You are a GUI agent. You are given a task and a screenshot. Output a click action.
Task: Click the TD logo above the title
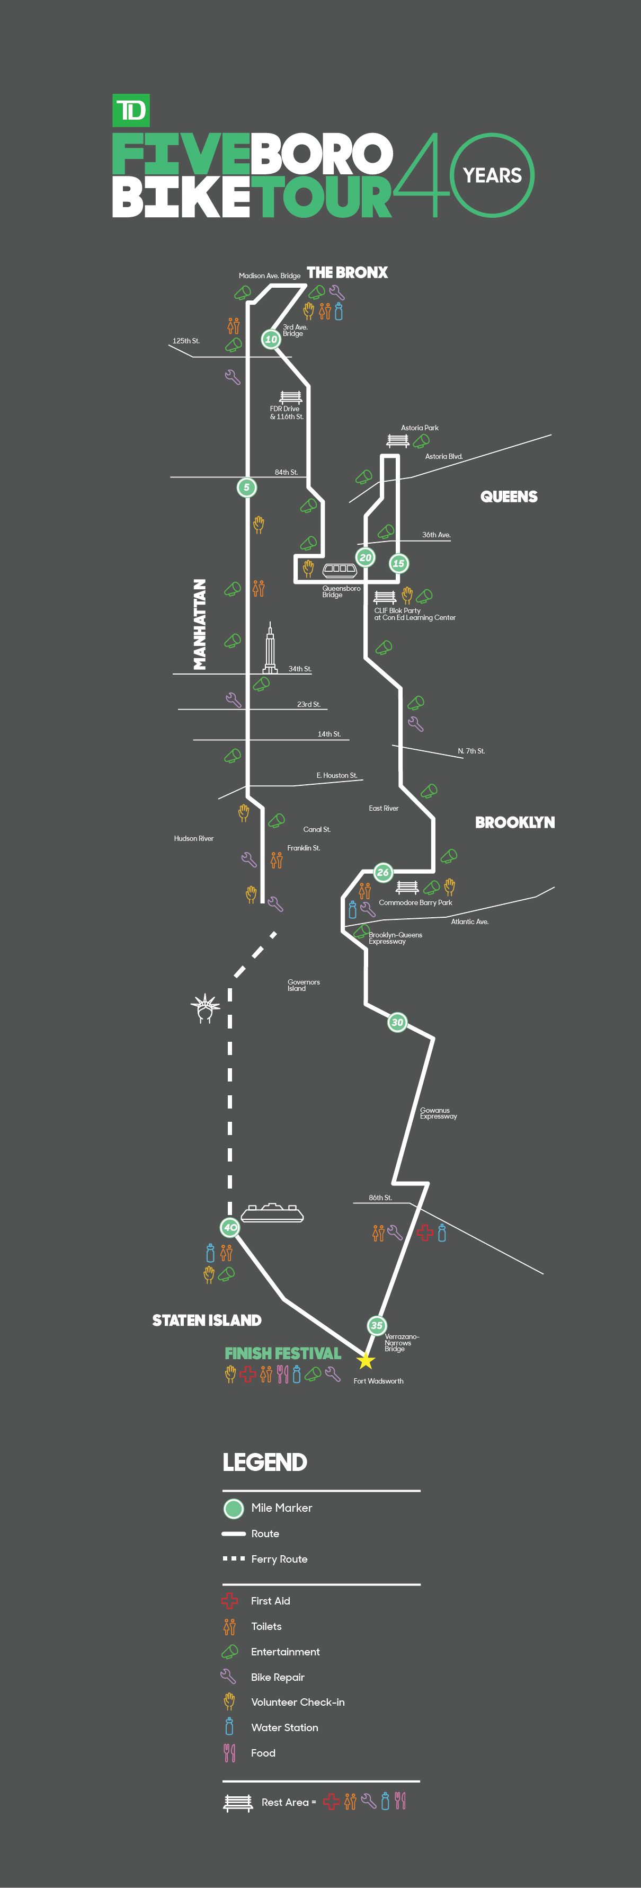point(131,111)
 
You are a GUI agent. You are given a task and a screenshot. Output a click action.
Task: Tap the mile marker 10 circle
point(271,339)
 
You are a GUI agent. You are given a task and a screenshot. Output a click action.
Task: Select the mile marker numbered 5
point(247,487)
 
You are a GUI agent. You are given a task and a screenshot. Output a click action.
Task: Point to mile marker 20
point(366,558)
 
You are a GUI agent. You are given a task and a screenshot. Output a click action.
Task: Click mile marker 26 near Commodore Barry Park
point(382,872)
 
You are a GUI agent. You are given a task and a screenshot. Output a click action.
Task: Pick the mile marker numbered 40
point(230,1227)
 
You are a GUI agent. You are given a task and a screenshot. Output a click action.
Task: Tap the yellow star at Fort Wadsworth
point(366,1361)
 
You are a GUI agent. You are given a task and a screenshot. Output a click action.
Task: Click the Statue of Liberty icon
point(205,1008)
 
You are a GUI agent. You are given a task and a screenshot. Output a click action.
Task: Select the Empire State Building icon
point(270,648)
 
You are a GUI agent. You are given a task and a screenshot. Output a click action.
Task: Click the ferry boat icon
point(272,1213)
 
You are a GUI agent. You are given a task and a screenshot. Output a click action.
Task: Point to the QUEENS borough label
point(509,497)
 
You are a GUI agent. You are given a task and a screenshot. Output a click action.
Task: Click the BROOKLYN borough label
point(514,822)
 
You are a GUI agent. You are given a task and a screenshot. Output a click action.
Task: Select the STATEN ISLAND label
point(207,1320)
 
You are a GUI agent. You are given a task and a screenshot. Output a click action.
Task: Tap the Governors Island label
point(304,985)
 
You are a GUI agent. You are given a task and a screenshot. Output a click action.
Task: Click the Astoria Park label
point(419,428)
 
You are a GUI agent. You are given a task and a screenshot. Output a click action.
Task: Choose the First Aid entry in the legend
point(270,1601)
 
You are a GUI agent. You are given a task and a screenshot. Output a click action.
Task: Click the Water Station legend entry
point(284,1727)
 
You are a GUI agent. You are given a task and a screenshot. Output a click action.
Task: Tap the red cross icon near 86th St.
point(425,1234)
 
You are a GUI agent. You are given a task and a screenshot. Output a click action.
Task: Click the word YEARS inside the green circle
point(492,175)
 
